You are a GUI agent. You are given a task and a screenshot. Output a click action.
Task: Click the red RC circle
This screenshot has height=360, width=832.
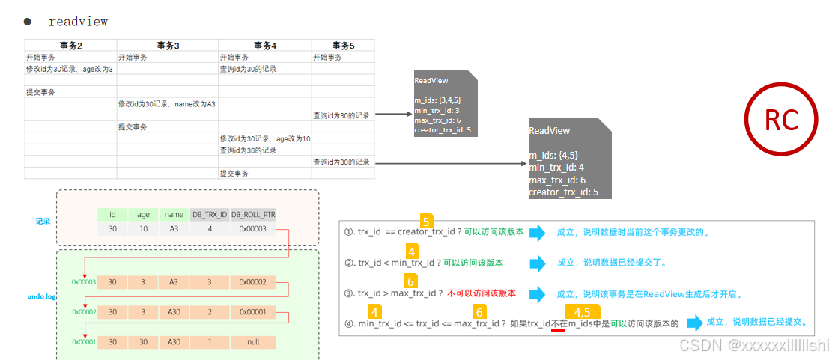pos(781,120)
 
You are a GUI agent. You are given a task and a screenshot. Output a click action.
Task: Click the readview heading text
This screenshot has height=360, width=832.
pos(78,22)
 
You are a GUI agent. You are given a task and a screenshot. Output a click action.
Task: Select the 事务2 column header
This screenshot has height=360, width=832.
pos(70,46)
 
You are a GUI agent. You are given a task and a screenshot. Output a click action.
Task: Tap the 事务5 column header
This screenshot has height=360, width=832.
pos(343,46)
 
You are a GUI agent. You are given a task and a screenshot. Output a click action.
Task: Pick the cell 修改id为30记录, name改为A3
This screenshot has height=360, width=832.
pos(166,104)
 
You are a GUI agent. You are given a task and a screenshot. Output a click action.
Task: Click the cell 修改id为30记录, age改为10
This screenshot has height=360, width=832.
pos(264,139)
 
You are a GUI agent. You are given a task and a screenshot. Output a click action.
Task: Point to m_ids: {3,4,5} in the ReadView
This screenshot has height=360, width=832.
pos(437,100)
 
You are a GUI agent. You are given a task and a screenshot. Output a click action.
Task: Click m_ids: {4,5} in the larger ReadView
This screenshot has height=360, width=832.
pos(553,156)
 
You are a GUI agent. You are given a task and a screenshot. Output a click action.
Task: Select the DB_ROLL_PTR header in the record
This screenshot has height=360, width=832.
pos(252,215)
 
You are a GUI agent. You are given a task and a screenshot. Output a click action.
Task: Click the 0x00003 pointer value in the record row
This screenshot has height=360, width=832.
pos(252,228)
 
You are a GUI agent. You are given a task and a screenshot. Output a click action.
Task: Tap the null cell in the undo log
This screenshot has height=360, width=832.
pos(252,341)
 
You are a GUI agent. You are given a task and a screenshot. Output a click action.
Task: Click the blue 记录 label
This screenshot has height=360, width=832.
pos(43,222)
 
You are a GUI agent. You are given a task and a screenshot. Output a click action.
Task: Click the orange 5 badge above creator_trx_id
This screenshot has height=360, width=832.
pos(426,221)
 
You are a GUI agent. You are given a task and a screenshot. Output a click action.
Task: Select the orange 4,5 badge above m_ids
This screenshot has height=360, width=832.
pos(582,312)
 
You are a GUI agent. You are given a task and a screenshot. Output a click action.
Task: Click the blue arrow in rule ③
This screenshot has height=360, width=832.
pos(538,293)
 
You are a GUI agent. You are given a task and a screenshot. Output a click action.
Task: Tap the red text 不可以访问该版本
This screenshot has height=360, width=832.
pos(482,293)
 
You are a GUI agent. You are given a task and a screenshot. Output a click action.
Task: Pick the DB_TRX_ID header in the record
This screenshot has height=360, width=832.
pos(209,215)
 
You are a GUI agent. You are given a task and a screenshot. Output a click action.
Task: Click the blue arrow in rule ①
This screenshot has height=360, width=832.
pos(538,233)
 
